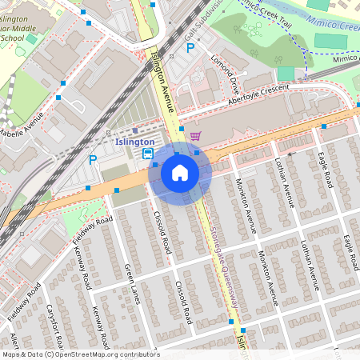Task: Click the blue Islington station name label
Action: pos(134,142)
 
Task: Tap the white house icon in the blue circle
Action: pos(180,172)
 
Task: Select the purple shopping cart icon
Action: pos(194,135)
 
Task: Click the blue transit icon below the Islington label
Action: pos(147,154)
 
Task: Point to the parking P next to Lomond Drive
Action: pos(190,48)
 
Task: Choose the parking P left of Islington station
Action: pos(93,159)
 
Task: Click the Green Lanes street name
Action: pos(132,283)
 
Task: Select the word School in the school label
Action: pos(12,38)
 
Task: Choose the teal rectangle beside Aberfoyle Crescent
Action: pos(286,73)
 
